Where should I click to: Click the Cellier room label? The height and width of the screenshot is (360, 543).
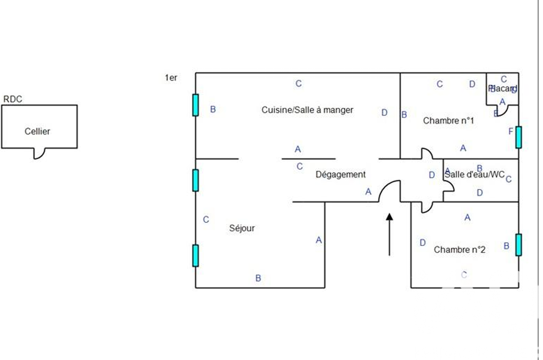coord(38,131)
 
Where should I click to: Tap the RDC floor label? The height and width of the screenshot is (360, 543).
coord(13,99)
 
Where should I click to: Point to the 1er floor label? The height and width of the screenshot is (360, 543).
coord(171,78)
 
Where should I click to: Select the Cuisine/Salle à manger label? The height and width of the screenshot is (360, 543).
coord(307,110)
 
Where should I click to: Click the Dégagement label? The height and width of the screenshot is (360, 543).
coord(341,175)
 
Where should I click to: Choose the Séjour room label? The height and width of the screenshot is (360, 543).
coord(242,229)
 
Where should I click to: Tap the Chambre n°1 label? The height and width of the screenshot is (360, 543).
coord(448,121)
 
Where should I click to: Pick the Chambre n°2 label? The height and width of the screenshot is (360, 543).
coord(460,250)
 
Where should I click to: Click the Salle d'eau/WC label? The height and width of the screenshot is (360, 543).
coord(475,175)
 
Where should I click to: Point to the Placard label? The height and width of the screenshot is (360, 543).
coord(503,88)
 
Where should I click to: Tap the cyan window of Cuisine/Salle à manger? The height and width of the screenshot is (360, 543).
coord(196,105)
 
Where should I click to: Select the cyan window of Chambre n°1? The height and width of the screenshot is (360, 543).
coord(519,137)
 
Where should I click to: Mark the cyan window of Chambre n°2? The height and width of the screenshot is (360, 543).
coord(519,244)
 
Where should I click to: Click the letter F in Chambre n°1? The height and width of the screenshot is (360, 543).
coord(511,131)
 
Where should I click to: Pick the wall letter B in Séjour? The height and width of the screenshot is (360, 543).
coord(258,278)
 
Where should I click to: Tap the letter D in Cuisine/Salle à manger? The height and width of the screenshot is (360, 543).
coord(384,113)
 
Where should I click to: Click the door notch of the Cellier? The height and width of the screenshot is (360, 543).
coord(40,153)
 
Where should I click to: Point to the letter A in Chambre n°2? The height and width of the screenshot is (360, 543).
coord(467,218)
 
